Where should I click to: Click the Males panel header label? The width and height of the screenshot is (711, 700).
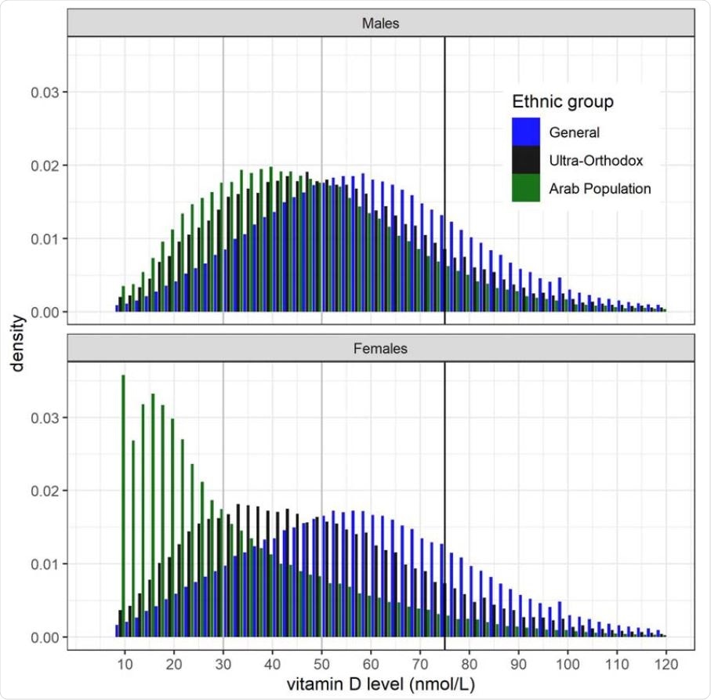click(x=381, y=24)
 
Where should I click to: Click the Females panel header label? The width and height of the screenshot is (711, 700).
click(x=381, y=349)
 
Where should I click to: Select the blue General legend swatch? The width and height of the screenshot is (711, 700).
click(x=525, y=132)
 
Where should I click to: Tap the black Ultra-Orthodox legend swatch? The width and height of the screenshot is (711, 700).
click(x=525, y=160)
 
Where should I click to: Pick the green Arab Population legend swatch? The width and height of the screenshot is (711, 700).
click(x=525, y=188)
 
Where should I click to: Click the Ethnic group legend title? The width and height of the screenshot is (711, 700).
click(x=562, y=102)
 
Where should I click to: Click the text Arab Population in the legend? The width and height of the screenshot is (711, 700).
click(x=600, y=188)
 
